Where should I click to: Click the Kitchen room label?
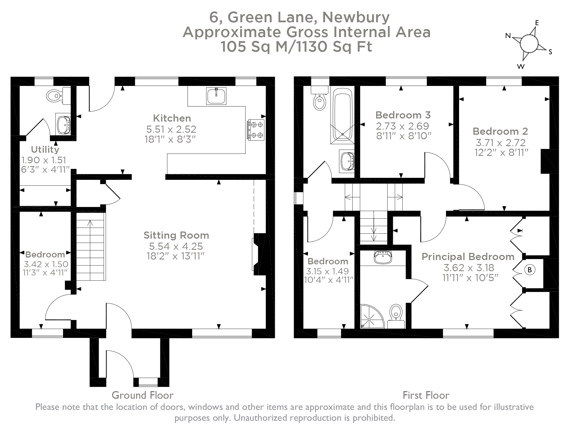click(172, 118)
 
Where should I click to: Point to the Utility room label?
click(45, 149)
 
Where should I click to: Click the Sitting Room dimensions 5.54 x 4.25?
click(176, 246)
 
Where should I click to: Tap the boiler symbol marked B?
click(530, 270)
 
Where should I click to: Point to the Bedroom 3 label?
click(403, 115)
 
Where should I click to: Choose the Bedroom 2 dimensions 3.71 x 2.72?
click(500, 142)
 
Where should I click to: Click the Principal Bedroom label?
click(468, 257)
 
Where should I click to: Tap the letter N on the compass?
click(508, 36)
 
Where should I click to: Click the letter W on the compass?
click(521, 67)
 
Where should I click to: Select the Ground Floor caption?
click(143, 395)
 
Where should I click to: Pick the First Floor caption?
click(426, 395)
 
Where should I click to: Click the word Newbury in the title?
click(356, 17)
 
